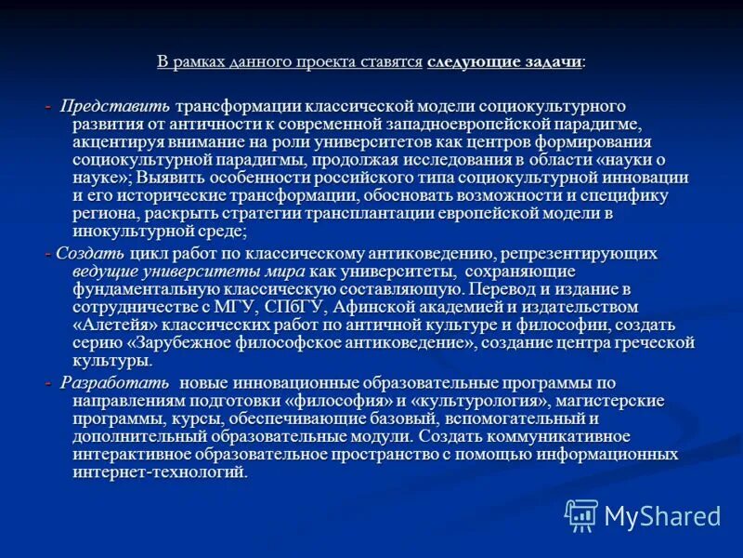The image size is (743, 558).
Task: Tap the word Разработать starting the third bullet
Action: click(115, 383)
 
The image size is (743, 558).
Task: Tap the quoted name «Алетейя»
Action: click(117, 325)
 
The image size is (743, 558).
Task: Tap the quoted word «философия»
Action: click(345, 401)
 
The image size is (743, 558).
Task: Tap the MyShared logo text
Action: click(662, 515)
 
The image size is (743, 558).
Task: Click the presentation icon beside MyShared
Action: click(581, 514)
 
